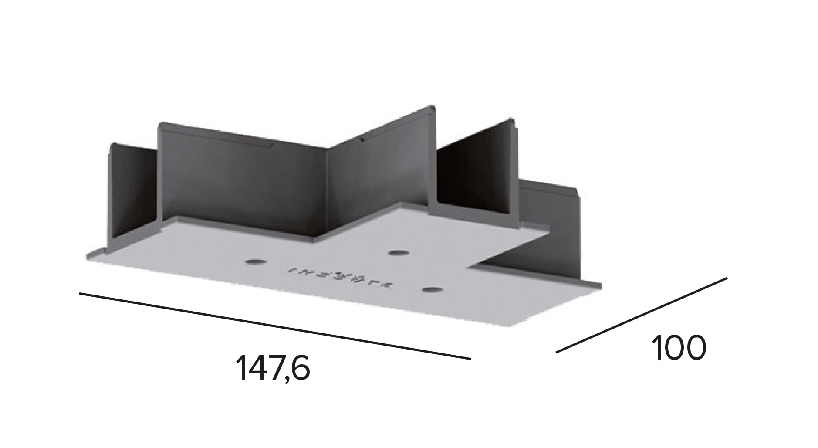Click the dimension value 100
coord(678,348)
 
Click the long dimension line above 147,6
coord(274,326)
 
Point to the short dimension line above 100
coord(642,315)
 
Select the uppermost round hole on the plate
coord(397,253)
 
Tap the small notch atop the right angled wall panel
coord(362,140)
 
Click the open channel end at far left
coord(131,192)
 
